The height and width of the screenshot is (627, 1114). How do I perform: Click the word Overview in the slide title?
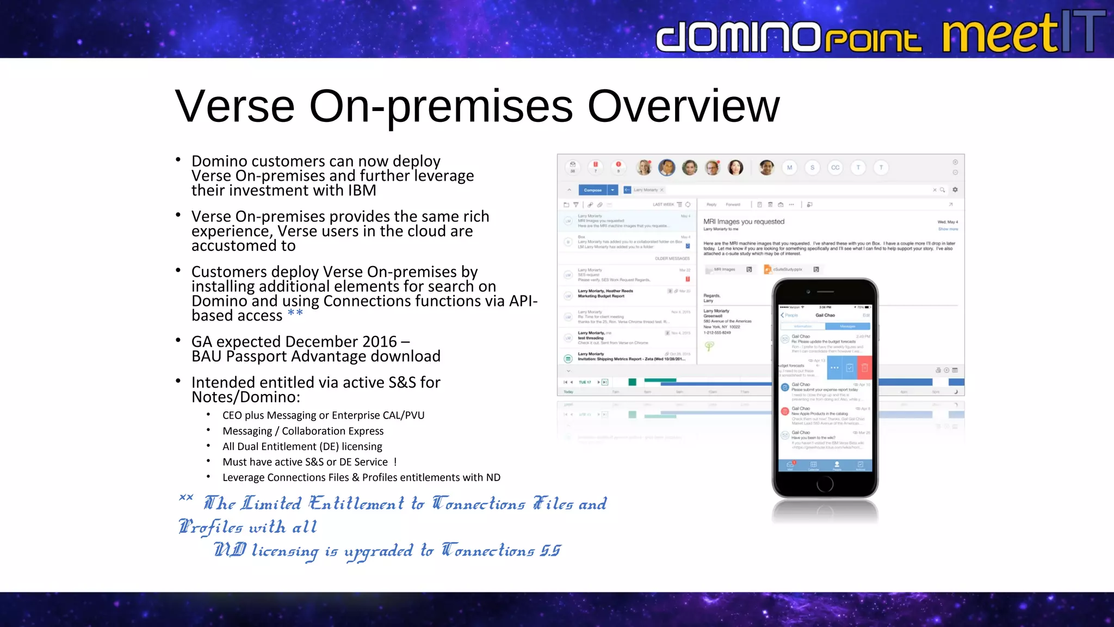683,106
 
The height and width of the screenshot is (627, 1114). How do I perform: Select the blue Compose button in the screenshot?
593,190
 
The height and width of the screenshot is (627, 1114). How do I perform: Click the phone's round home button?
825,483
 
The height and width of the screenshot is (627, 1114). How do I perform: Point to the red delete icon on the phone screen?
864,368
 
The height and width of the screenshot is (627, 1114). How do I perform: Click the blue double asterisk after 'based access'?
295,314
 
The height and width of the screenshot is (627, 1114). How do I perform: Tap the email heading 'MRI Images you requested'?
744,222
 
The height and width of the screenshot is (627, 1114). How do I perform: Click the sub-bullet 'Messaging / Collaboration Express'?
302,431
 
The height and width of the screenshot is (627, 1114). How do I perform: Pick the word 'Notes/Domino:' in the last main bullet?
245,397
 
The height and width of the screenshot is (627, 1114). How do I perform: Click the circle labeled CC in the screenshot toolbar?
835,168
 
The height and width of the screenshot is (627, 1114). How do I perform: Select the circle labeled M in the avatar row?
789,168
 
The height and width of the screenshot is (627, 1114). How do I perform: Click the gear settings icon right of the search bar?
955,190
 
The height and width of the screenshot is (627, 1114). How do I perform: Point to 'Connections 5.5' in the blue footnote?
500,551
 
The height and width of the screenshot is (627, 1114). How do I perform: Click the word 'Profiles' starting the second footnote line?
211,527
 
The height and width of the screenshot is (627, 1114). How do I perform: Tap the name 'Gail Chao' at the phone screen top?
825,315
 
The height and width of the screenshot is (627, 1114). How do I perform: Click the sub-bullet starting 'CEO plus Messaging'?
323,415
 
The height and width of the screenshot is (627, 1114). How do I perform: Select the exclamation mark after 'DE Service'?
395,462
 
